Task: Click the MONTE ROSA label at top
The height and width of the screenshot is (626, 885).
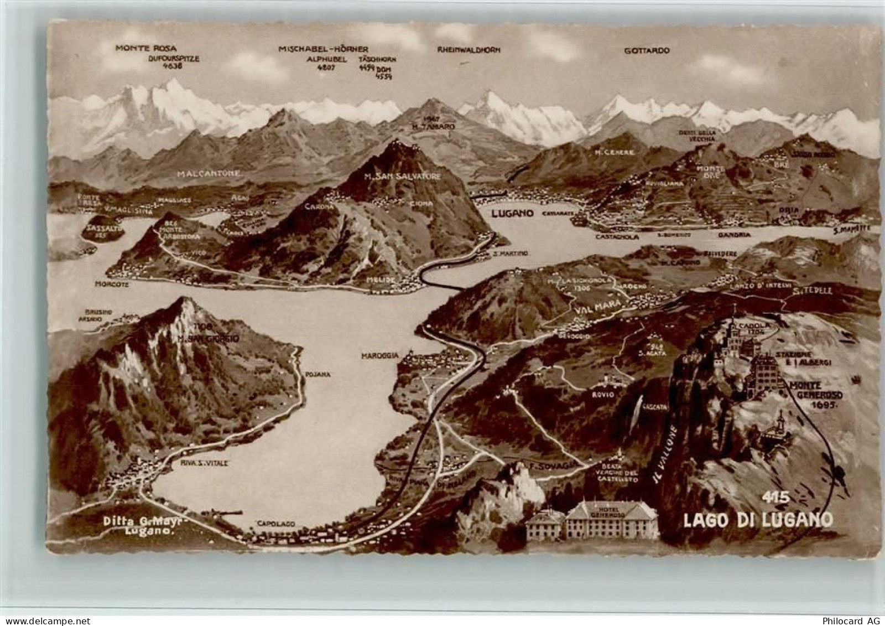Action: pos(146,48)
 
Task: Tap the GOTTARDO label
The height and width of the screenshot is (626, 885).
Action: pos(647,50)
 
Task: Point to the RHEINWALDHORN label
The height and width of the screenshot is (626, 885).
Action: pos(468,50)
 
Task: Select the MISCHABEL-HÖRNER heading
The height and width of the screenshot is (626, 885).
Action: pos(324,49)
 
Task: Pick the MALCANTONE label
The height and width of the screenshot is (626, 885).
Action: pos(210,173)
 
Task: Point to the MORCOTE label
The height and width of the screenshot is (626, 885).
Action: pos(112,284)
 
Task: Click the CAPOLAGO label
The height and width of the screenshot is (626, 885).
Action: pos(275,523)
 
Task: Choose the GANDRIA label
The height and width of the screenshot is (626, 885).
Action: pos(735,235)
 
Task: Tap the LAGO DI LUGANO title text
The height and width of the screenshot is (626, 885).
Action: pos(758,520)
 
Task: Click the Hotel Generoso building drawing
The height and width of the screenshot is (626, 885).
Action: pos(592,520)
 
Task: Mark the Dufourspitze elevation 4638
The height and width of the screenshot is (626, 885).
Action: pos(173,66)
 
